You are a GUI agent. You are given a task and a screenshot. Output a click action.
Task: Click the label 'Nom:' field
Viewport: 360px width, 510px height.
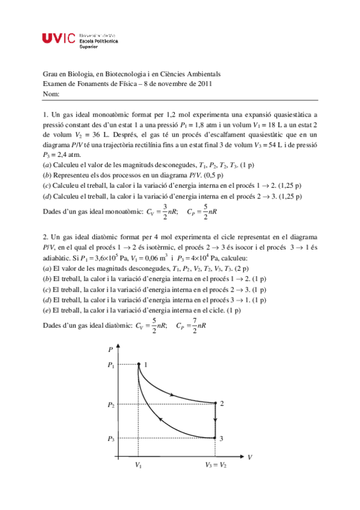[x=52, y=94]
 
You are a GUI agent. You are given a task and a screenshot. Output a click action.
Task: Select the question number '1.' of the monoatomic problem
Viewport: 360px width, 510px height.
[x=46, y=113]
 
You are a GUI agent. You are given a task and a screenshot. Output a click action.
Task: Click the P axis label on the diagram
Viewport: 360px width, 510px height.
[x=111, y=349]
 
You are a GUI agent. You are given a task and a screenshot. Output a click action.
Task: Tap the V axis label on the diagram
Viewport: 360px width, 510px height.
[x=249, y=457]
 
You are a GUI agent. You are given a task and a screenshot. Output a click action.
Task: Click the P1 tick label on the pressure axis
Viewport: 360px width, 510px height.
[x=111, y=365]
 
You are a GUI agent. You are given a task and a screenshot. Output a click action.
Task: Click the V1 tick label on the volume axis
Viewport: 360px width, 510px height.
[x=139, y=465]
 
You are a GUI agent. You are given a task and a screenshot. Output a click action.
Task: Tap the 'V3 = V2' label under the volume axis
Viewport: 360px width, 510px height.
[x=216, y=465]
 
